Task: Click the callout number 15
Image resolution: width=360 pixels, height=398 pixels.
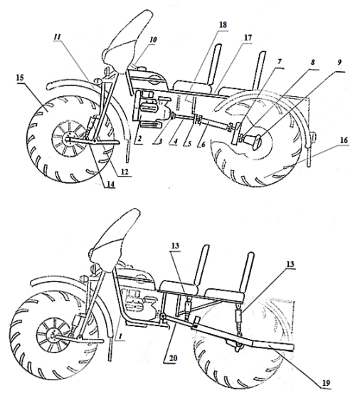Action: coord(21,78)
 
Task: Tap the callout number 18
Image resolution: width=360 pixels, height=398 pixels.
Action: coord(223,25)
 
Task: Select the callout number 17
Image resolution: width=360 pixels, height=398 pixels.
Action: coord(248,38)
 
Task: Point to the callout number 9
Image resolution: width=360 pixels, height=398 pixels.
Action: coord(339,62)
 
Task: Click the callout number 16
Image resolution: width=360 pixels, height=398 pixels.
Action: coord(344,140)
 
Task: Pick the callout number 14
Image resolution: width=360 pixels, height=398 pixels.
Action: coord(110,184)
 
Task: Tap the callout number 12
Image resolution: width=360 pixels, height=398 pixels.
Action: coord(125,172)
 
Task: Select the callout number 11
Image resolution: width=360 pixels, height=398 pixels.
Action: coord(58,36)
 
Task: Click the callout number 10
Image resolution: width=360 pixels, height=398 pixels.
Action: coord(153,40)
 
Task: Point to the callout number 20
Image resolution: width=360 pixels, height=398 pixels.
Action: coord(173,358)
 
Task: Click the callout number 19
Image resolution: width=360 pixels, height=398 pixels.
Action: coord(326,383)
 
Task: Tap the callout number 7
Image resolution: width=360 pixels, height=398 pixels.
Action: coord(280,62)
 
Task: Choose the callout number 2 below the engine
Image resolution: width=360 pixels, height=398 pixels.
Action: coord(139,139)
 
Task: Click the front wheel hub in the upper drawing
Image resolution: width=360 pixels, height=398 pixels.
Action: coord(68,139)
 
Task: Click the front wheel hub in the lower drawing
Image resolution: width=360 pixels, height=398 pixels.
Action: coord(53,336)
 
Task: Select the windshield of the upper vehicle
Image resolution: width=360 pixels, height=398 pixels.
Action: coord(128,38)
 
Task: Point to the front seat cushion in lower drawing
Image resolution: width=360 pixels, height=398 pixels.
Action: coord(180,288)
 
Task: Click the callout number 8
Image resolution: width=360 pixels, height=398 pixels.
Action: coord(312,62)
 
